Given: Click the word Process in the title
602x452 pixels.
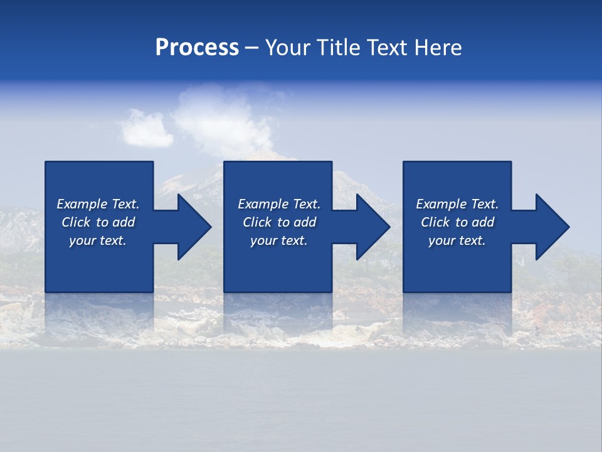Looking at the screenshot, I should tap(197, 48).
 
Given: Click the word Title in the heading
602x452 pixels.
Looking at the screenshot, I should tap(336, 48).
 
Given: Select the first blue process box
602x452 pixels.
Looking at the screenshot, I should tap(99, 264).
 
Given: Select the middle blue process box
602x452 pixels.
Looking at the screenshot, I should tap(278, 264).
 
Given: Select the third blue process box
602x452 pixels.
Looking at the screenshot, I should tap(457, 264).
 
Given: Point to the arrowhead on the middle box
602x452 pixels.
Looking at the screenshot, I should tap(372, 227).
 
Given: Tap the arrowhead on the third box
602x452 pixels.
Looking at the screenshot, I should tap(551, 227).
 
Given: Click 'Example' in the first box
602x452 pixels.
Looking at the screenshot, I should tap(82, 204).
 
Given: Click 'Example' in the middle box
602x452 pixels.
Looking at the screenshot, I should tap(263, 204).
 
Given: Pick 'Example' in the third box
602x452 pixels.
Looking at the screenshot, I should tap(441, 204).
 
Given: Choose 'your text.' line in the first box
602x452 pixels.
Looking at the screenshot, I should tap(98, 240).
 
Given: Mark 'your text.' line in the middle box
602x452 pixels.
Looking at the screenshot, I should tap(279, 240).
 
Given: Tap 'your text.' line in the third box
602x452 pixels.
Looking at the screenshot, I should tap(457, 240).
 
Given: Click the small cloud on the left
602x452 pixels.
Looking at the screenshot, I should tap(145, 129).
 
